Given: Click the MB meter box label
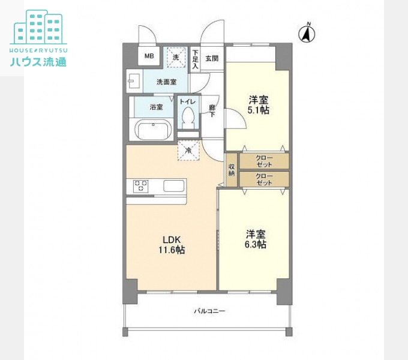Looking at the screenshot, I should click(x=148, y=58).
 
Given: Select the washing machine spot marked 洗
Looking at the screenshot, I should click(x=176, y=57).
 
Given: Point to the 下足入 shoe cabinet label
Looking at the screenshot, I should click(x=195, y=59).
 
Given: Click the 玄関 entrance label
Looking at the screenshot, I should click(x=212, y=59).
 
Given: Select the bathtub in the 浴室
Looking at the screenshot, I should click(x=152, y=129).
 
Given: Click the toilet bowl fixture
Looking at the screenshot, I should click(x=188, y=116).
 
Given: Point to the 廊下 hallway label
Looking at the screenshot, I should click(x=212, y=111).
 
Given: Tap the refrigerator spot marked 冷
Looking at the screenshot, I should click(x=188, y=151).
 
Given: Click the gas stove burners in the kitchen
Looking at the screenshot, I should click(x=140, y=186).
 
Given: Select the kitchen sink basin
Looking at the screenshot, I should click(x=176, y=186).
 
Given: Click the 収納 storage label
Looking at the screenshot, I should click(x=232, y=170).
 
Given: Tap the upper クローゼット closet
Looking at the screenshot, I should click(x=264, y=161).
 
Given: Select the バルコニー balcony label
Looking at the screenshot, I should click(x=209, y=311).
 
